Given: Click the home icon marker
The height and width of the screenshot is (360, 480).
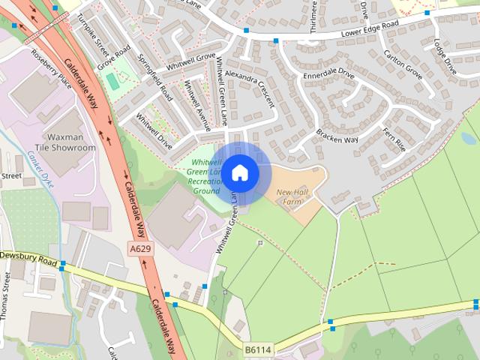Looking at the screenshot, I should [x=239, y=173].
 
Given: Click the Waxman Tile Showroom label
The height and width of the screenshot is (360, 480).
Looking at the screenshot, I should [x=71, y=142].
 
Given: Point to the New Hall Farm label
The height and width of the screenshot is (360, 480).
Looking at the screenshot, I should [x=292, y=196].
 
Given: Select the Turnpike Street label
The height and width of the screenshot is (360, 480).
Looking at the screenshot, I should [x=92, y=35].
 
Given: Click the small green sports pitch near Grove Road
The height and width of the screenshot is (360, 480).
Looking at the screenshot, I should [x=112, y=80].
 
